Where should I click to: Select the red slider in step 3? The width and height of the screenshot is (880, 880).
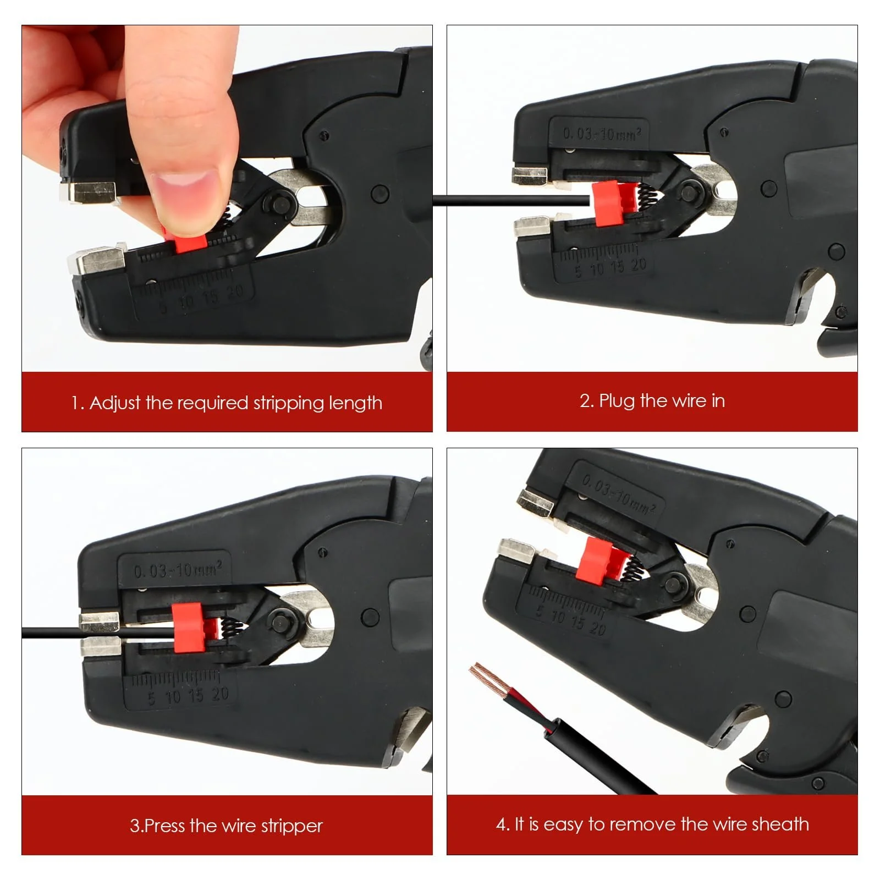tap(188, 628)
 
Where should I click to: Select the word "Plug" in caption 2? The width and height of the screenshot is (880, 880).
tap(617, 401)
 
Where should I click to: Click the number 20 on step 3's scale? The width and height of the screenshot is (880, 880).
tap(219, 694)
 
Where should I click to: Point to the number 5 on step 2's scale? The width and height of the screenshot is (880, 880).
tap(577, 272)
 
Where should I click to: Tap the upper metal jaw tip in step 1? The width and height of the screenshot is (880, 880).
tap(88, 193)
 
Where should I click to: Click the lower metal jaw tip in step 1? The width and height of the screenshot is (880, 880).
tap(96, 259)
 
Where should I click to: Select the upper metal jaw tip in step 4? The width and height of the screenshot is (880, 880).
tap(535, 502)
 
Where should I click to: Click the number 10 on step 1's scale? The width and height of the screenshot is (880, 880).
tap(186, 301)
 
